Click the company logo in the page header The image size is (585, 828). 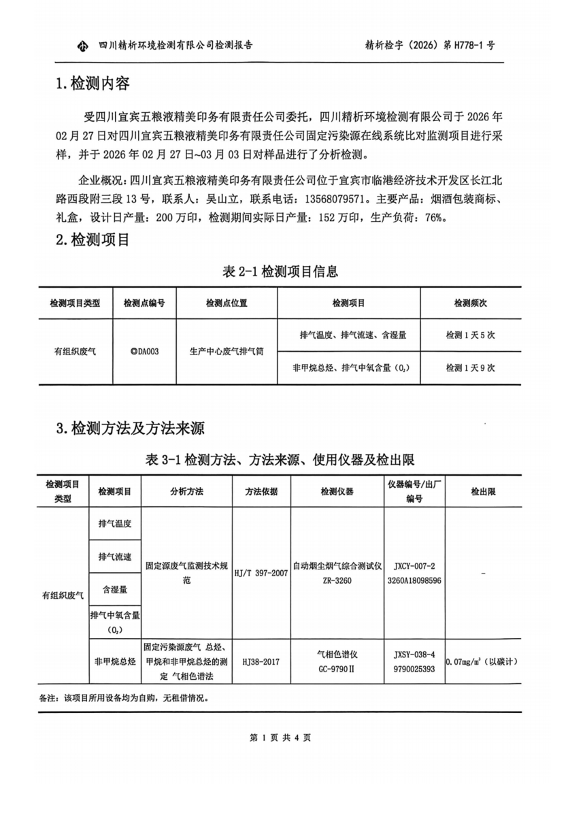tap(83, 46)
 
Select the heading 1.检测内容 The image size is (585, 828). tap(93, 84)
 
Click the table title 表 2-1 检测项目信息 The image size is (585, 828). tap(280, 271)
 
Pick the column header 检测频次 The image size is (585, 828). tap(470, 303)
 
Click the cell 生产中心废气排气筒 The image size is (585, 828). tap(226, 352)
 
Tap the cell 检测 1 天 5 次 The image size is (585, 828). tap(470, 335)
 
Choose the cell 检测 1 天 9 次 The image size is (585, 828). tap(470, 367)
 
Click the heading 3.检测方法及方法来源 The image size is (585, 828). tap(131, 429)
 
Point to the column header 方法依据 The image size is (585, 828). tap(261, 491)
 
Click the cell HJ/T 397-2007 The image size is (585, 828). tap(261, 573)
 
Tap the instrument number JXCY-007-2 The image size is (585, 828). tap(414, 565)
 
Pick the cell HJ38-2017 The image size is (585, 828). tap(261, 661)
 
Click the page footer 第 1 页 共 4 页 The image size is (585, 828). tap(280, 737)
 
